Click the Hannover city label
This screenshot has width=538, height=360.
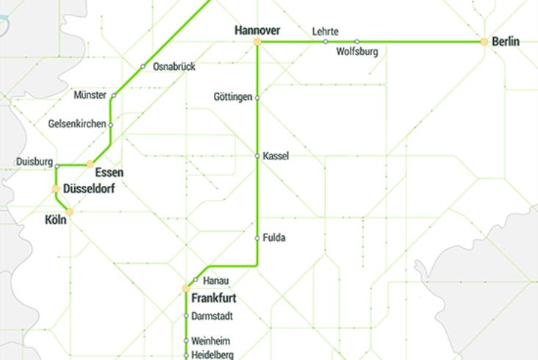[257, 30]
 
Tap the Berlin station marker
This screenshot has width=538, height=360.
[484, 42]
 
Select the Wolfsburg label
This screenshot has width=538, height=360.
[357, 52]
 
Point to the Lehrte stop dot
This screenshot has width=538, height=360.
[326, 42]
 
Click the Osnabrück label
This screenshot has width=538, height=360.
[174, 67]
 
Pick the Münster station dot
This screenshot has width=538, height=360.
[114, 96]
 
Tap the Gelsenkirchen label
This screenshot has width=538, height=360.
[76, 124]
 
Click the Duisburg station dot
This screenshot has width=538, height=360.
[57, 166]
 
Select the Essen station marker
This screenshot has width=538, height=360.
[90, 164]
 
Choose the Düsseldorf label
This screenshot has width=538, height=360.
[89, 189]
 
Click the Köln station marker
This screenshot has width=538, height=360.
[70, 212]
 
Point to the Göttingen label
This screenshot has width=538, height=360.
[233, 97]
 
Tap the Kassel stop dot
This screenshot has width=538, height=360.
[257, 156]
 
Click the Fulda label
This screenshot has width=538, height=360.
[274, 238]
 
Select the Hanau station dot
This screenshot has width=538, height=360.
[195, 280]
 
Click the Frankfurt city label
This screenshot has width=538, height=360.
[213, 299]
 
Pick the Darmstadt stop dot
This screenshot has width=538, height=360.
[186, 317]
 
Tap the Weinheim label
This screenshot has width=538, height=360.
[210, 342]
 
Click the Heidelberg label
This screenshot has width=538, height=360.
[212, 356]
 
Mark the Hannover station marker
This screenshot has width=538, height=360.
[257, 42]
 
